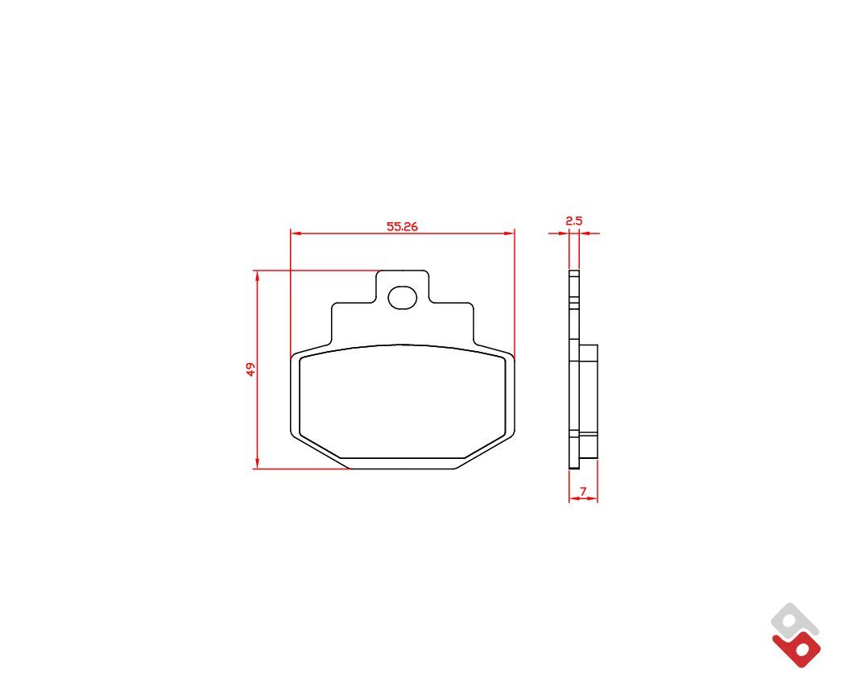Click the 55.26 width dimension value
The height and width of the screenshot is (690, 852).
click(402, 226)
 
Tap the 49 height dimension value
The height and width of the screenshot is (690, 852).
click(250, 370)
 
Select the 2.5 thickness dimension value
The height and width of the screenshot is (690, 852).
click(574, 221)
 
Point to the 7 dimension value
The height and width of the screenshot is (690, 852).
click(583, 491)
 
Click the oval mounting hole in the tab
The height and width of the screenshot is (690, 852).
click(402, 298)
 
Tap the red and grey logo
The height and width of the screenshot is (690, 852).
click(796, 635)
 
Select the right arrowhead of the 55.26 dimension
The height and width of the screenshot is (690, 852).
click(509, 233)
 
